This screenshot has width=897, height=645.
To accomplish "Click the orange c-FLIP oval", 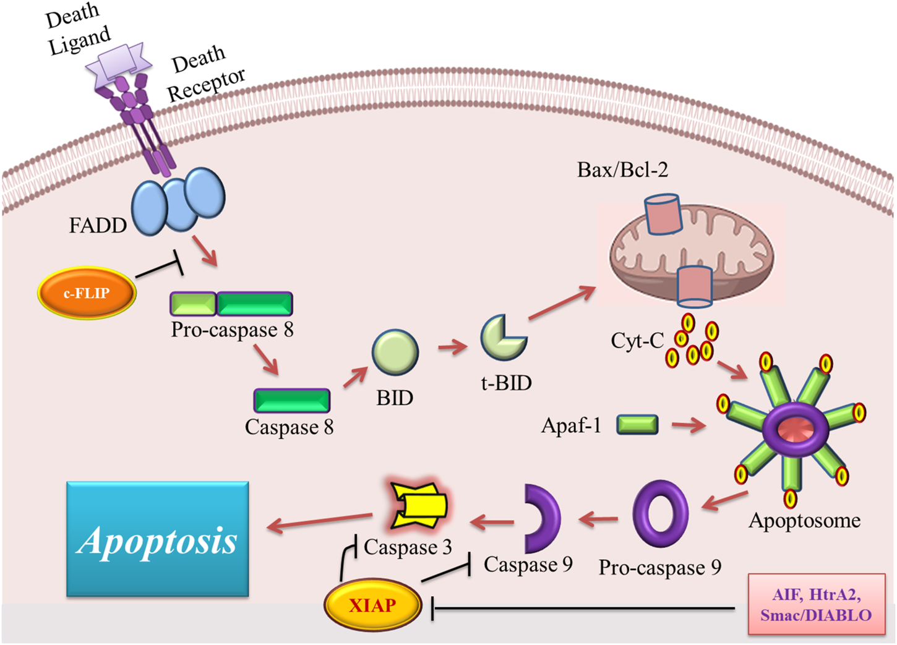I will [87, 293].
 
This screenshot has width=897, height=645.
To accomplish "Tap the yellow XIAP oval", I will [372, 605].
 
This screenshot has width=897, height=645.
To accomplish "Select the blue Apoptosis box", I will [158, 539].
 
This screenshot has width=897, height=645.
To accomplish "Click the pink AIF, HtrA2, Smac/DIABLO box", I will [816, 605].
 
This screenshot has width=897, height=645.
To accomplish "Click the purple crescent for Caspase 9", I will [543, 518].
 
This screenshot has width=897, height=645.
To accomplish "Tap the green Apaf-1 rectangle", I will [637, 424].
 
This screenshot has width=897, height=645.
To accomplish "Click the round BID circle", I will [395, 352].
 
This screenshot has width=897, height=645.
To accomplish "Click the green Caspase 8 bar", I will [291, 400].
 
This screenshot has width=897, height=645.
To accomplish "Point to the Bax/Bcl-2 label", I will [622, 170].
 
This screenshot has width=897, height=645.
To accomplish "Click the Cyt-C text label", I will [637, 340].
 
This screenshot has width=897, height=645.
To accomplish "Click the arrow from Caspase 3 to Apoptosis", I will [320, 521].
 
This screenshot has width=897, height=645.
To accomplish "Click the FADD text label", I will [97, 225].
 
